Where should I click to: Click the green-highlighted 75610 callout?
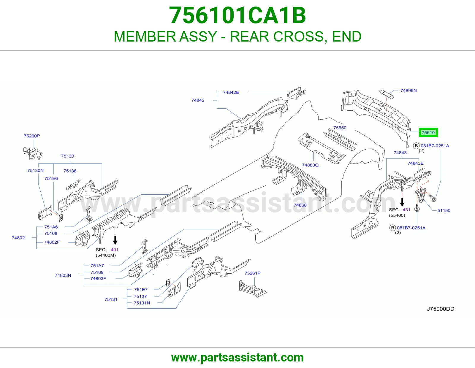(428, 132)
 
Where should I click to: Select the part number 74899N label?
(408, 91)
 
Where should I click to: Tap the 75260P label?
(32, 136)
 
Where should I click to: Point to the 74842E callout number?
(231, 92)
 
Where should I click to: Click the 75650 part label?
(340, 128)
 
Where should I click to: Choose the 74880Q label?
(310, 165)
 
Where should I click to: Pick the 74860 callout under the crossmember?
(300, 205)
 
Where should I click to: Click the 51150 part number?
(444, 210)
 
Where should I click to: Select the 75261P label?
(252, 273)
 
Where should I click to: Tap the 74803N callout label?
(63, 275)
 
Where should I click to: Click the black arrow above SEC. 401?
(115, 240)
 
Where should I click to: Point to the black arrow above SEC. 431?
(402, 202)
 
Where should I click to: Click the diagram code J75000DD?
(441, 309)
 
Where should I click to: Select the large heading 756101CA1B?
(237, 15)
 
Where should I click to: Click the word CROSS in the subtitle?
(298, 37)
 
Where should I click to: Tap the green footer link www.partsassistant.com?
(237, 358)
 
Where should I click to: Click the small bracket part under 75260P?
(33, 154)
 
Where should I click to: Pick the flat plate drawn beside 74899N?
(387, 94)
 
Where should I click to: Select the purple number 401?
(115, 250)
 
